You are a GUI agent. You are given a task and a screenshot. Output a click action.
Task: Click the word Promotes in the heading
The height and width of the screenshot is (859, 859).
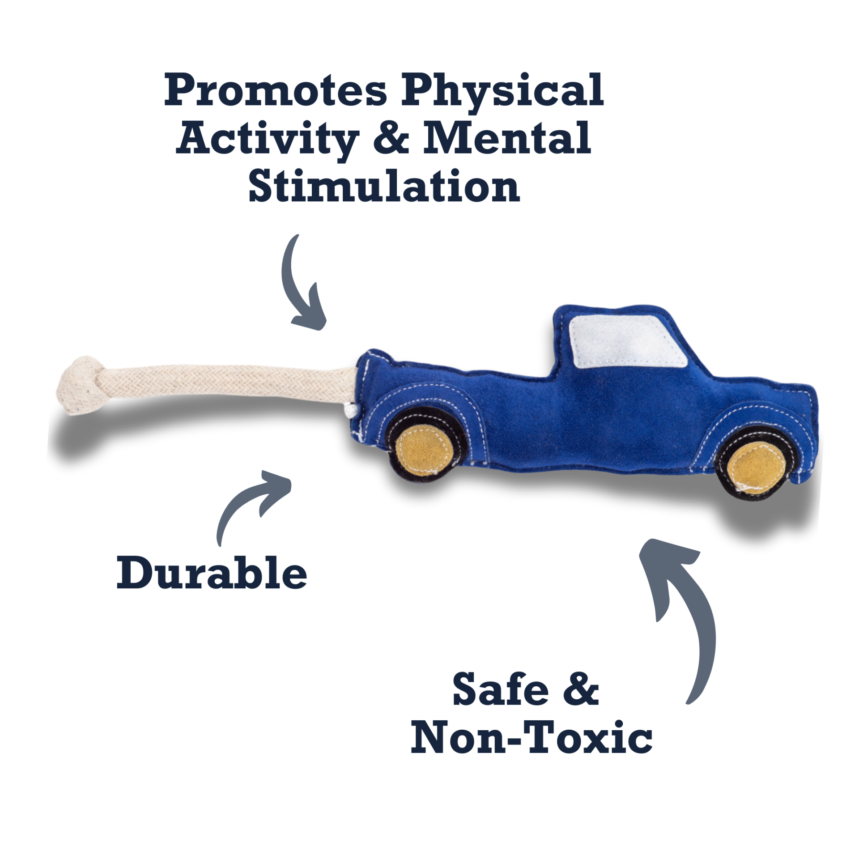pyautogui.click(x=275, y=90)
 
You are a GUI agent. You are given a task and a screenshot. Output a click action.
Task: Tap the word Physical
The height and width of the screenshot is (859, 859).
pyautogui.click(x=502, y=92)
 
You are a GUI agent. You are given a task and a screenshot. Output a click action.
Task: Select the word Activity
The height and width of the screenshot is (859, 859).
pyautogui.click(x=267, y=139)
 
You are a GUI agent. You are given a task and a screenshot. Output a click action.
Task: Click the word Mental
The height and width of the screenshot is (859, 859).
pyautogui.click(x=507, y=137)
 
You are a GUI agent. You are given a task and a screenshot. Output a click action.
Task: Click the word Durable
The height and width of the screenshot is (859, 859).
pyautogui.click(x=212, y=573)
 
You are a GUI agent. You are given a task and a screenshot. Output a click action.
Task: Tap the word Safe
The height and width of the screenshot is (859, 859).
pyautogui.click(x=501, y=689)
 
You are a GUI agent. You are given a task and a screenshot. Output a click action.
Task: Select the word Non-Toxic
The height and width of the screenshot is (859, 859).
pyautogui.click(x=532, y=737)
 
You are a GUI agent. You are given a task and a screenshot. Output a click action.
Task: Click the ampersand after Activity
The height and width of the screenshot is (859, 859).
pyautogui.click(x=391, y=138)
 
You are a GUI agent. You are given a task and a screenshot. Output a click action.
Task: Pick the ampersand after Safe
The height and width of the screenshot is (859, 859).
pyautogui.click(x=581, y=689)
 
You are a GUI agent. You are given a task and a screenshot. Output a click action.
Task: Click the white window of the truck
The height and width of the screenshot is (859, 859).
pyautogui.click(x=626, y=342)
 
